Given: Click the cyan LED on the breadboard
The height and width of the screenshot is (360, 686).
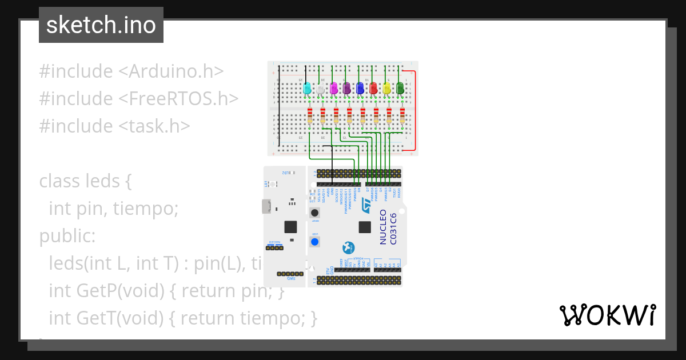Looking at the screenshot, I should pos(307,89).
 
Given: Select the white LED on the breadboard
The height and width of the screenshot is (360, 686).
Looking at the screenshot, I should pos(321,89).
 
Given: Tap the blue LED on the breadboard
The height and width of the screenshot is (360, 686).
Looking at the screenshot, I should pos(360,89).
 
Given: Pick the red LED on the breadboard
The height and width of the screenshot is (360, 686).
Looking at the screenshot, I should pos(373,89).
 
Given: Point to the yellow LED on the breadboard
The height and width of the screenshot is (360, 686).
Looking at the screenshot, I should pos(387,89).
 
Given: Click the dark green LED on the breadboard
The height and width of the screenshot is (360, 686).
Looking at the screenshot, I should pos(401,89).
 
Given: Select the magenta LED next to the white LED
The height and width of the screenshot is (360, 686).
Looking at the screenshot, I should pos(334,89).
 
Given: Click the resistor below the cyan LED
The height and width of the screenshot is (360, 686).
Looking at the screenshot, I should pos(309,115).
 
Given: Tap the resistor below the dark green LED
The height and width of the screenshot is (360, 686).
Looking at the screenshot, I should pos(402,115).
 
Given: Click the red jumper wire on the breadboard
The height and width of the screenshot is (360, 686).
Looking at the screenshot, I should pos(414,109).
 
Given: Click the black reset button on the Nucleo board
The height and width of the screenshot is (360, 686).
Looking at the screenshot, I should pos(314,213).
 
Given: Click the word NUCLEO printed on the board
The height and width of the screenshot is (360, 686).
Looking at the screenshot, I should pos(384,227).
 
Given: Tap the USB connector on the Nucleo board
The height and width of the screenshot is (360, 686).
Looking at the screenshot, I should pos(266,206).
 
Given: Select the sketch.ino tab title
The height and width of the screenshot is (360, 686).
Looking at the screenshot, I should pos(101,25).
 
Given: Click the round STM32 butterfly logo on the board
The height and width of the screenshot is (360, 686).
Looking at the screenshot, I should pos(348,247).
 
